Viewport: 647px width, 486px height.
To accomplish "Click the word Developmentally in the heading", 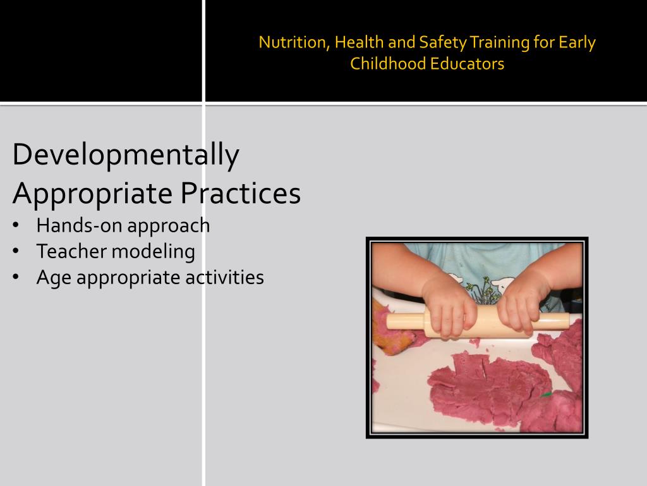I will coord(126,155).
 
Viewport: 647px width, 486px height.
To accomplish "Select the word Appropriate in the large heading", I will coord(93,194).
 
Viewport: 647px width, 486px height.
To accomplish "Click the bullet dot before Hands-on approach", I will coord(16,225).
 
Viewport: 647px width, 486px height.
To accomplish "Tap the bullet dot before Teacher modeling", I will coord(16,251).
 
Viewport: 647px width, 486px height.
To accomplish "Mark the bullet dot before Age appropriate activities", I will coord(16,277).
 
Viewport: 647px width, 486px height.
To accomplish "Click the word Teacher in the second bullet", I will coord(71,251).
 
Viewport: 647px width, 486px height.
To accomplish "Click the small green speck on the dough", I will coord(545,395).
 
